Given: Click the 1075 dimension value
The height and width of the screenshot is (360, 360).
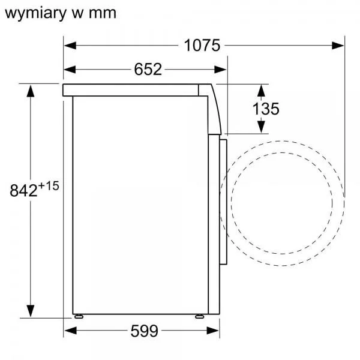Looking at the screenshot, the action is (x=202, y=45).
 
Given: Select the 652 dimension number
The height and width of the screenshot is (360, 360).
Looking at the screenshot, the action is (x=148, y=69).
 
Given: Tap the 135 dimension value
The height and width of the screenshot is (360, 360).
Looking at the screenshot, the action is (x=266, y=109).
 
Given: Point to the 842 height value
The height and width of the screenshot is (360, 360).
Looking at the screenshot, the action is (x=23, y=190).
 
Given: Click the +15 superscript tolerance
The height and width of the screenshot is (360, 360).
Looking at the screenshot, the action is (x=49, y=186).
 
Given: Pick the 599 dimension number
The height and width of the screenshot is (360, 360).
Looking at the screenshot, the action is (x=145, y=331).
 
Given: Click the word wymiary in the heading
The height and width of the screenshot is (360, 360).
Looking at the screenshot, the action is (x=35, y=13).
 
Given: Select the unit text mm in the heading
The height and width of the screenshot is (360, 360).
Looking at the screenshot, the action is (x=103, y=14).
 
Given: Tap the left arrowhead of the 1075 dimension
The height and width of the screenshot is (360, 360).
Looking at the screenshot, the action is (x=70, y=46).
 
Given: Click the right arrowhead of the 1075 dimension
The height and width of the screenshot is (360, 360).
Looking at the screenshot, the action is (x=338, y=46).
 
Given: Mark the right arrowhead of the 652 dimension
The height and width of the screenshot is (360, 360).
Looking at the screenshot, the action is (x=220, y=70).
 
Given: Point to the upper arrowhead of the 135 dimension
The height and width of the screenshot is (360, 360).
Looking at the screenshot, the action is (x=261, y=91).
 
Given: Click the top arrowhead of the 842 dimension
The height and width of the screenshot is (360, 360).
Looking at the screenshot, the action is (x=31, y=91).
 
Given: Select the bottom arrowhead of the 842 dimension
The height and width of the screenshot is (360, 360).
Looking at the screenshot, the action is (x=31, y=311).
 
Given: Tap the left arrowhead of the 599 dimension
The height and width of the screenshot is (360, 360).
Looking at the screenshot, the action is (x=70, y=331).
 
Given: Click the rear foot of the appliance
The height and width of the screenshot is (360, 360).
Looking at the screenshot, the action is (x=79, y=316).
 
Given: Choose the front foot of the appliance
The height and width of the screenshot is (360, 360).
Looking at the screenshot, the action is (x=200, y=316).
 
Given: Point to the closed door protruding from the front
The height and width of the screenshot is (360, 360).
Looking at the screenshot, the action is (x=223, y=202).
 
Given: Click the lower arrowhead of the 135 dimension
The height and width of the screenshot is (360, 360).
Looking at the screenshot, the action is (x=261, y=127).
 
